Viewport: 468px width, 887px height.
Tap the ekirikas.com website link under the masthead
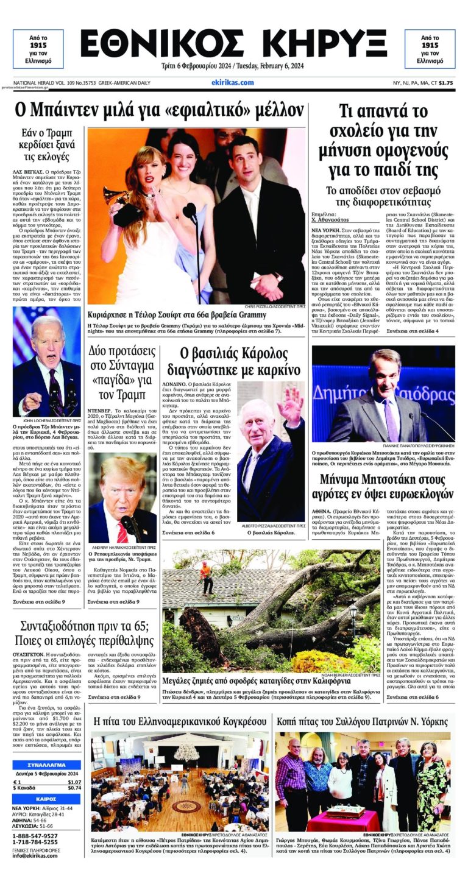click(233, 82)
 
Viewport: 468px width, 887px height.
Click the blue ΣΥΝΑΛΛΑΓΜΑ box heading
click(47, 765)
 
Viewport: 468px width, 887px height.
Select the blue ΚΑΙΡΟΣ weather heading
click(47, 799)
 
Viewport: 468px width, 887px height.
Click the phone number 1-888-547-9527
click(35, 836)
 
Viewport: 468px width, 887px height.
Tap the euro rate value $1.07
click(74, 782)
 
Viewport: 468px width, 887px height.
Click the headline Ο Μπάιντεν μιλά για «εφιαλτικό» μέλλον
click(160, 111)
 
